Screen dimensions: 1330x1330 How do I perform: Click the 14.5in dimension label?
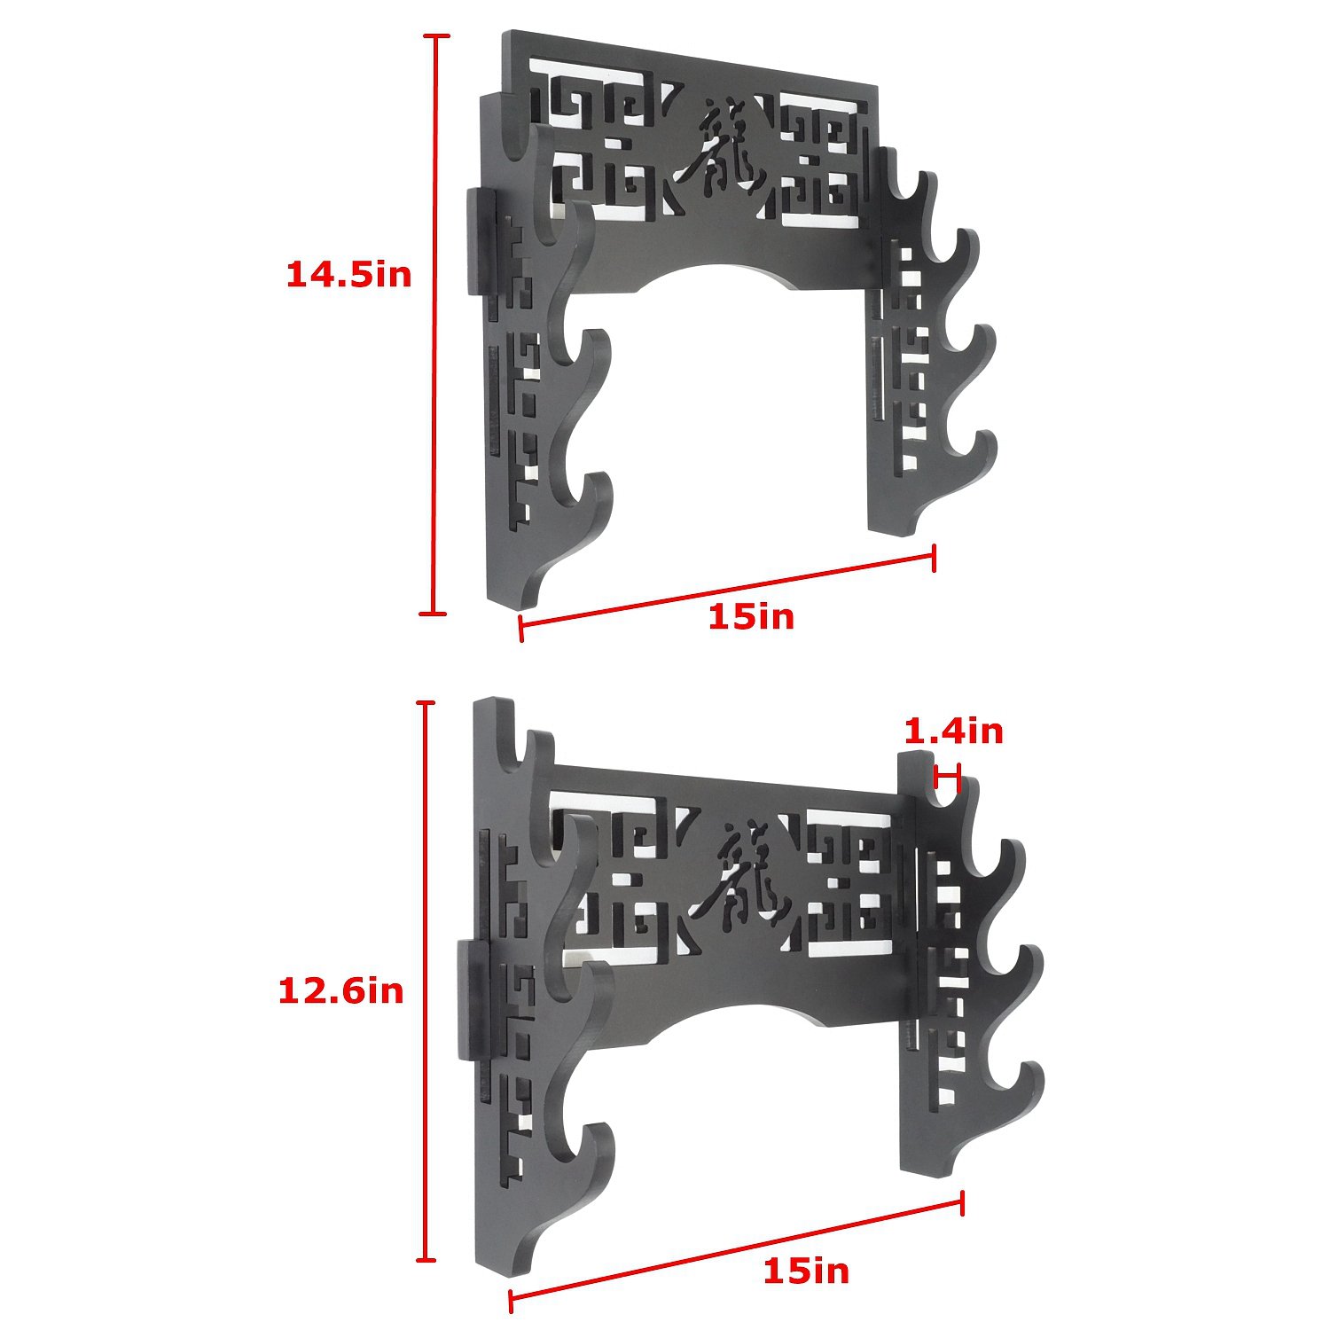click(348, 274)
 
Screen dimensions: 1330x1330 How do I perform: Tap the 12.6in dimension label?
click(341, 990)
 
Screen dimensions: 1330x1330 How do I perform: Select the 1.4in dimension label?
click(953, 731)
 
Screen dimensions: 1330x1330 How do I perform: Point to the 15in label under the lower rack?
click(806, 1271)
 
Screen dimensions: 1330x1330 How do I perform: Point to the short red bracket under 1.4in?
click(948, 778)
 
